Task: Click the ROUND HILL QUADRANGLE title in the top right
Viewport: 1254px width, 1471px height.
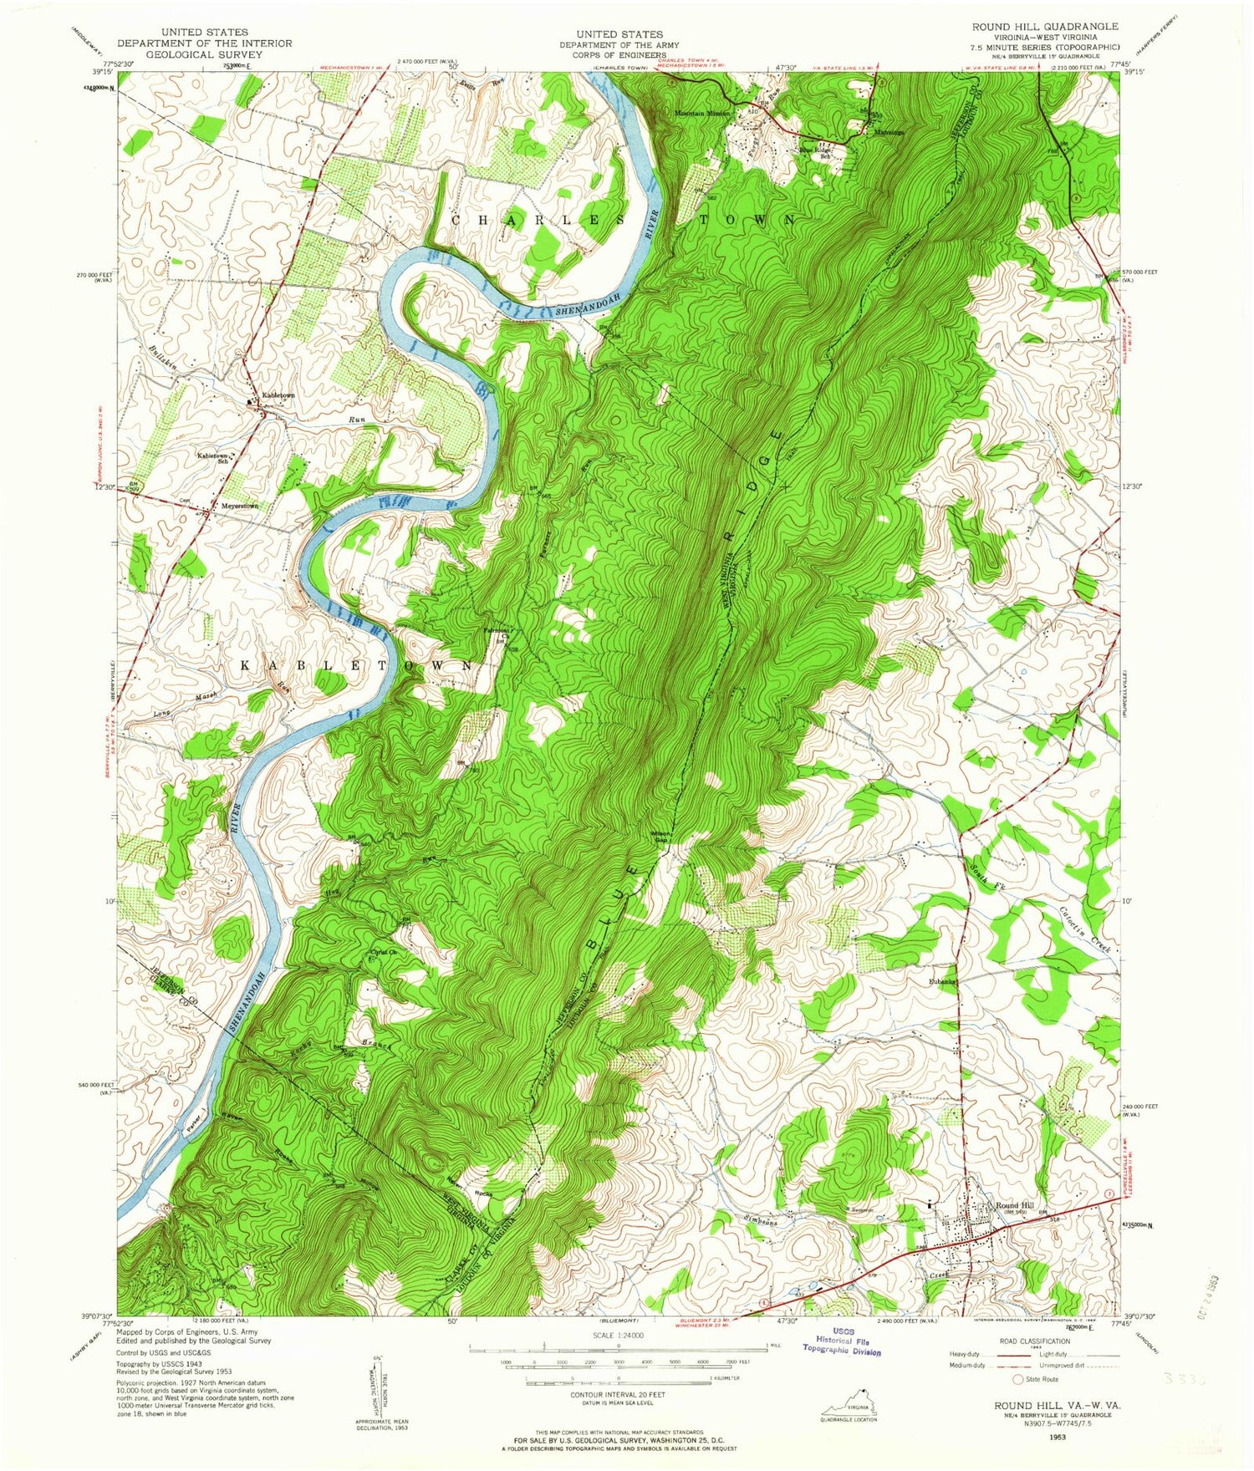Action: click(x=1044, y=27)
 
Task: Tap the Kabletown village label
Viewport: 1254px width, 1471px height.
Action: click(x=278, y=394)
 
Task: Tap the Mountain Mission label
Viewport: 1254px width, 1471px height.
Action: click(x=702, y=113)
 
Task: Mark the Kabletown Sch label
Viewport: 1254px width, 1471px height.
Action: click(x=213, y=457)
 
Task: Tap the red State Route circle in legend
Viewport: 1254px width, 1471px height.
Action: click(x=1017, y=1379)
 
